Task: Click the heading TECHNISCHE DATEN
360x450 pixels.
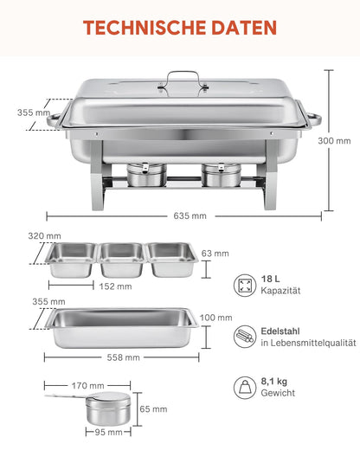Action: (180, 27)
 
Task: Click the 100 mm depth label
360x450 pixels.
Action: (222, 318)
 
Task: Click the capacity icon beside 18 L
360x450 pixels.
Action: (246, 285)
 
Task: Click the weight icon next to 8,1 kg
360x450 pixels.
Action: (246, 385)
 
